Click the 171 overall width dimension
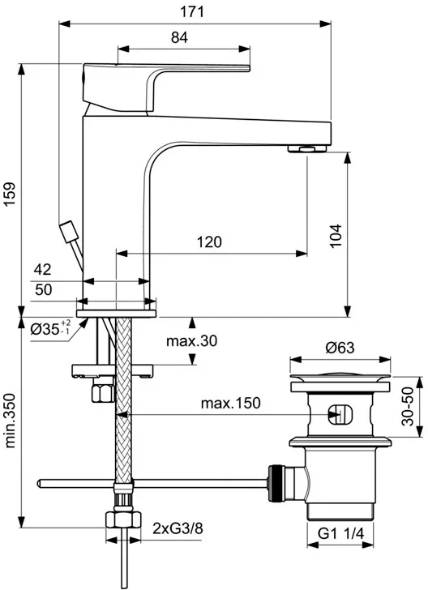192,11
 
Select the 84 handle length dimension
179,37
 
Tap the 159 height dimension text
10,194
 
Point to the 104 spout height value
336,236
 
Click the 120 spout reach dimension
209,242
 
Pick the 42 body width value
42,269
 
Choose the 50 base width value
43,290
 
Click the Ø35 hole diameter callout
50,328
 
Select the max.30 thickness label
192,341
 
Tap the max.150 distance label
230,403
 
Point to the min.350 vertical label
10,421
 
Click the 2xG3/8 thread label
178,528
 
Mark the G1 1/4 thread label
341,533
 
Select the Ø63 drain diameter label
340,348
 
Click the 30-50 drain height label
407,406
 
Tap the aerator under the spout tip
307,149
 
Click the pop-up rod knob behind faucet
69,232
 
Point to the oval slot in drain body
340,414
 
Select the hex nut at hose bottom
123,519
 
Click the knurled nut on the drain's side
276,483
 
